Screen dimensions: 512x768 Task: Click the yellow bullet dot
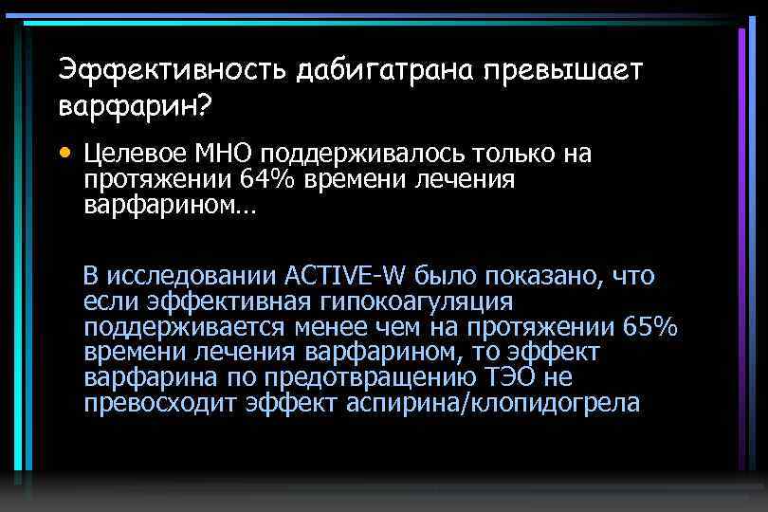click(64, 152)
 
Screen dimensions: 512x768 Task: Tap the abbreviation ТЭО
click(514, 377)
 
